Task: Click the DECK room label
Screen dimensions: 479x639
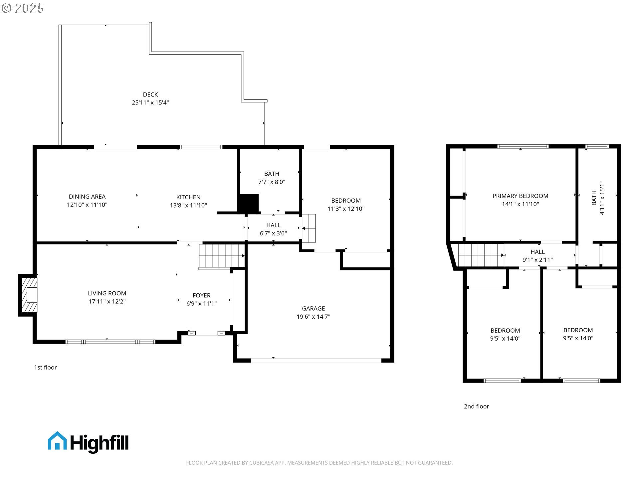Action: (150, 95)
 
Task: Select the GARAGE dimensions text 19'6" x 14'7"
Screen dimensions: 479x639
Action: (313, 317)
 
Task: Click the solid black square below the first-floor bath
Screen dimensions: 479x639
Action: (248, 204)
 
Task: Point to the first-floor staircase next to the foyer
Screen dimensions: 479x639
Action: (221, 256)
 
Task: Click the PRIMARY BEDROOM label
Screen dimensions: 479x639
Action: (520, 196)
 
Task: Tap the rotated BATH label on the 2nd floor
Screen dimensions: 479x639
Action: (594, 198)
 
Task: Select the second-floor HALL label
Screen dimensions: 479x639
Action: (537, 252)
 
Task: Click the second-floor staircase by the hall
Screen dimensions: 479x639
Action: (481, 255)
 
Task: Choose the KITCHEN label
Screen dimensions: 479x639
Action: (188, 197)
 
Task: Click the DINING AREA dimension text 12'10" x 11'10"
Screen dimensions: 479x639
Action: (87, 205)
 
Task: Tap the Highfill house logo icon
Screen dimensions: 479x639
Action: (57, 441)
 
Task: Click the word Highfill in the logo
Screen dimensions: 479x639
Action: (99, 443)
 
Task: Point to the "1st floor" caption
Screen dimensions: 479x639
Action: (46, 368)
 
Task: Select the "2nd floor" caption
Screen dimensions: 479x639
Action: (476, 406)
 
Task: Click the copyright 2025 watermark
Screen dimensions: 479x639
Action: (23, 8)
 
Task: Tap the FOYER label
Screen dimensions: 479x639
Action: (201, 295)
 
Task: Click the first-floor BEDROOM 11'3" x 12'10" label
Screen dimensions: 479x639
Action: (346, 201)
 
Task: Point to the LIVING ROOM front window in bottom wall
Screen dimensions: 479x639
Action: (110, 342)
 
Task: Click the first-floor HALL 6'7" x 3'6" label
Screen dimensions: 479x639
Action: (273, 226)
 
